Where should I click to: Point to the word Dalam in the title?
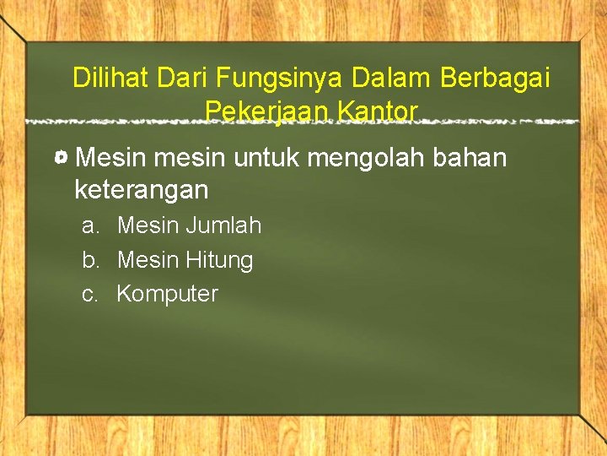[x=393, y=78]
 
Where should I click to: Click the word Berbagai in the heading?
[x=495, y=79]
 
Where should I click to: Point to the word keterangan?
[x=141, y=190]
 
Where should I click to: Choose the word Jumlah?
[x=223, y=225]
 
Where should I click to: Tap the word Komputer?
[x=167, y=295]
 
